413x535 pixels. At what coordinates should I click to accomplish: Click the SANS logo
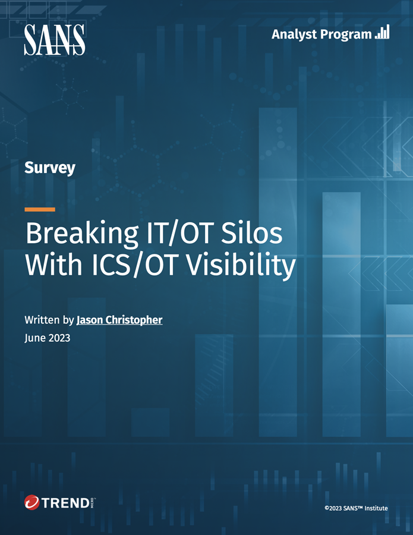pos(55,40)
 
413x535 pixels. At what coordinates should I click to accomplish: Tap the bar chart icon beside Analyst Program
pos(382,32)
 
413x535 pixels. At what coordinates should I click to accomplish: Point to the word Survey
pos(50,168)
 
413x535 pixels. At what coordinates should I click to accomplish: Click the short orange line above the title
pos(40,209)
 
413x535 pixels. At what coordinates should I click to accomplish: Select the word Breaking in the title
pos(82,234)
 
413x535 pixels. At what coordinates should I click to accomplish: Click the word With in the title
pos(54,264)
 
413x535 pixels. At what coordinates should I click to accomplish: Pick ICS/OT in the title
pos(134,265)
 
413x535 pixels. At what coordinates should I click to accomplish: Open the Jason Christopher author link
pos(119,320)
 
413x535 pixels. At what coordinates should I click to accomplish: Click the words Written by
pos(49,320)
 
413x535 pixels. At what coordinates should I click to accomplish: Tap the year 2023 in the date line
pos(59,338)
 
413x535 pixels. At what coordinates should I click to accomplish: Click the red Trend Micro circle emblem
pos(32,502)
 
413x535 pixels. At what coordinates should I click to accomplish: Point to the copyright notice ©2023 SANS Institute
pos(356,508)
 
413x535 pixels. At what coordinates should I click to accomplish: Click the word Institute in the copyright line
pos(376,508)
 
